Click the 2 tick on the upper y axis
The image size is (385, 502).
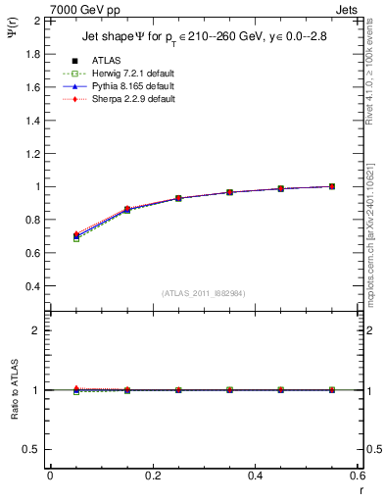point(37,20)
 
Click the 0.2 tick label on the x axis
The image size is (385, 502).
point(153,475)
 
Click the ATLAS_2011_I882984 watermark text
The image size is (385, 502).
point(203,293)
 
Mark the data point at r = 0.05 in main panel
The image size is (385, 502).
point(76,236)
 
